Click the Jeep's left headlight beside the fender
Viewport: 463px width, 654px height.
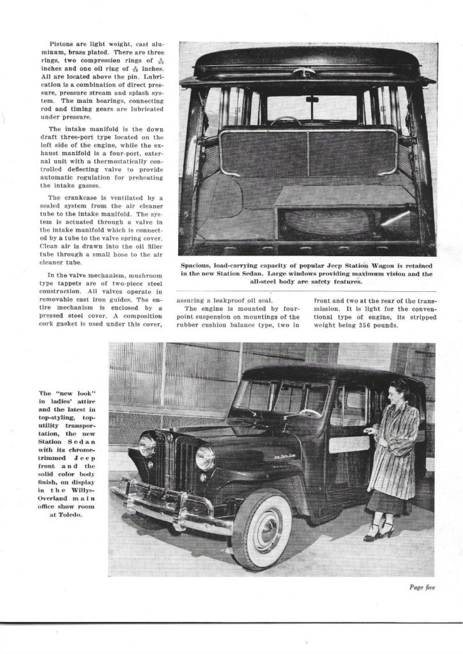(204, 457)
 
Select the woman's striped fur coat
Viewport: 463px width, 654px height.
(398, 450)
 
